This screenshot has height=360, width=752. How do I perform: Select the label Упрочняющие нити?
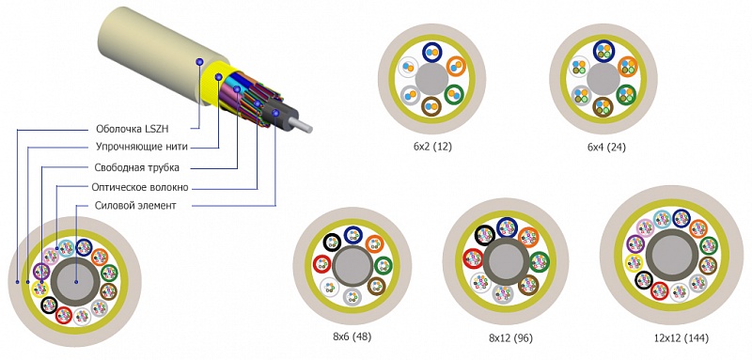(x=142, y=148)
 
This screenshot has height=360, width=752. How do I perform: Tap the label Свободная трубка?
(x=137, y=167)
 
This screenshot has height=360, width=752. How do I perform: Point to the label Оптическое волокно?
(x=140, y=187)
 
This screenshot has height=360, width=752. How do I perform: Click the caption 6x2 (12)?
(x=432, y=147)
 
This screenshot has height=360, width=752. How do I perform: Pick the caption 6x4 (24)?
(x=606, y=148)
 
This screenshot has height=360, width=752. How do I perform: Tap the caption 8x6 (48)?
(x=352, y=337)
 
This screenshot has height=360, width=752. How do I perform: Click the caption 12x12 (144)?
(x=681, y=338)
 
